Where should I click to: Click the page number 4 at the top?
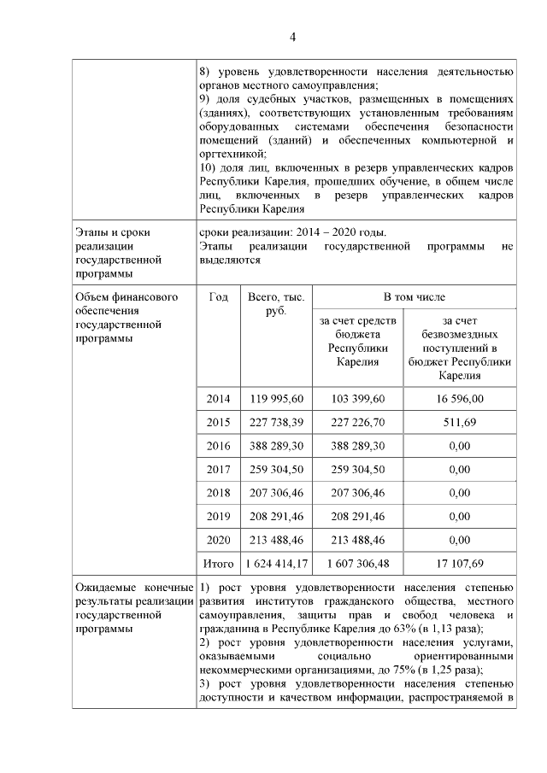[291, 37]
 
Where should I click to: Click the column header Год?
[218, 296]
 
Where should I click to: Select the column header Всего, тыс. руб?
[275, 304]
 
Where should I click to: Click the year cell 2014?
[218, 398]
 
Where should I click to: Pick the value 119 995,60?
[275, 398]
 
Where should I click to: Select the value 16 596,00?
[460, 398]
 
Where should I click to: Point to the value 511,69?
[460, 422]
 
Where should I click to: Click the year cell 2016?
[218, 446]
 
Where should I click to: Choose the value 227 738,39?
[275, 422]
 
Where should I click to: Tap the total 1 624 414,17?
[275, 564]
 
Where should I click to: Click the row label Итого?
[218, 564]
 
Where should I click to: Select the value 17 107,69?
[460, 564]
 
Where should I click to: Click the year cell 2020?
[218, 540]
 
